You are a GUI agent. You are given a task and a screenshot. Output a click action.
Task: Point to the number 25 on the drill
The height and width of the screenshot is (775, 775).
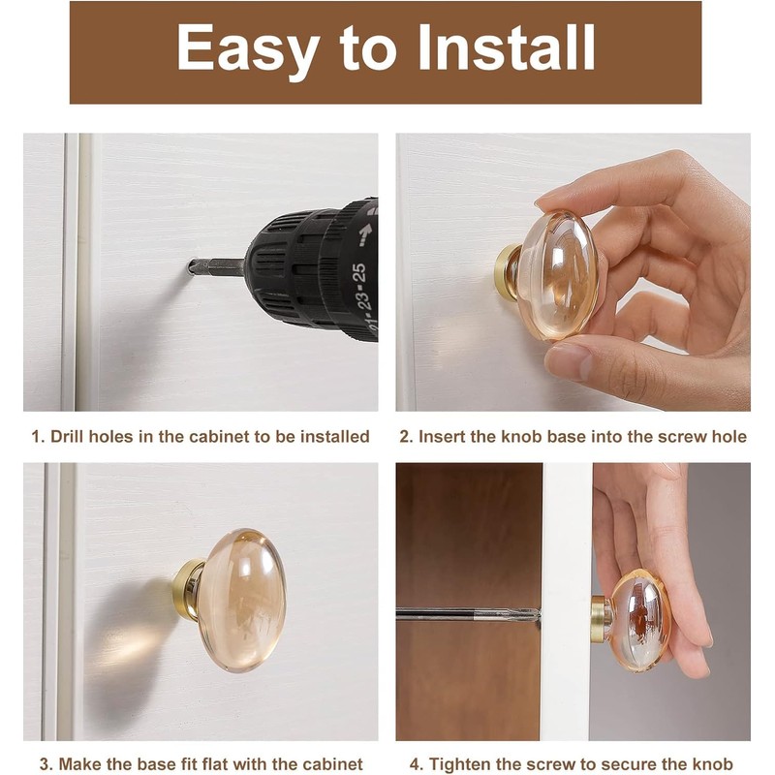point(358,272)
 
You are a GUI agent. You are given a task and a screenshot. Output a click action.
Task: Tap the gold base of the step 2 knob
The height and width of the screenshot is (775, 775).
point(507,270)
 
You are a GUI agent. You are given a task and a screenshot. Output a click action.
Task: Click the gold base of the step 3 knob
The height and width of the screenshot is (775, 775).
point(187,588)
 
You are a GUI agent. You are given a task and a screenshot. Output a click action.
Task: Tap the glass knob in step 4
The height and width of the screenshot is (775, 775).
point(639,620)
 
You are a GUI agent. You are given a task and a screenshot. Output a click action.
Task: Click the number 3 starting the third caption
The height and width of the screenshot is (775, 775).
point(45,764)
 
